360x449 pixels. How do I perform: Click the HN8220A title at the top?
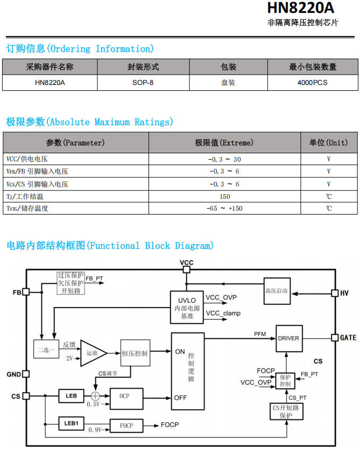click(x=301, y=8)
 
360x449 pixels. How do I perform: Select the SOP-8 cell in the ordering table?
click(x=143, y=83)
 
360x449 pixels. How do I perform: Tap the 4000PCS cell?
click(x=313, y=83)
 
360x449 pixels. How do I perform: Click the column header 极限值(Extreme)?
click(x=224, y=142)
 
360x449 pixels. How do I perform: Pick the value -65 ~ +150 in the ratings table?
click(x=224, y=209)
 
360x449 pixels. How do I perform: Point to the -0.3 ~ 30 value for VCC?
click(x=224, y=159)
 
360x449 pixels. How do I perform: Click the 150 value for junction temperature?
click(x=225, y=196)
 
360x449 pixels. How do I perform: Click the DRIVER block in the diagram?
click(x=289, y=338)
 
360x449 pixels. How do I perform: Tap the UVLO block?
click(x=187, y=308)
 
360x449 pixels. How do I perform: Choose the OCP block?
click(x=126, y=398)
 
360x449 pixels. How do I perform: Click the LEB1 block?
click(x=71, y=423)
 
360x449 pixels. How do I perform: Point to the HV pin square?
click(x=335, y=293)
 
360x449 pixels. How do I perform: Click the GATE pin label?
click(x=348, y=338)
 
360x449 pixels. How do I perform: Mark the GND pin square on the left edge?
click(x=26, y=374)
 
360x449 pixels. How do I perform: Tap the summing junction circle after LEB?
click(x=95, y=396)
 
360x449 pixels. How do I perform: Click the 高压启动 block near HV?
click(x=277, y=291)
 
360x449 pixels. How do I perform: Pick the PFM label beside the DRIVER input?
click(x=260, y=334)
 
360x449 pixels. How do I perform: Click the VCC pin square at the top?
click(x=186, y=269)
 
